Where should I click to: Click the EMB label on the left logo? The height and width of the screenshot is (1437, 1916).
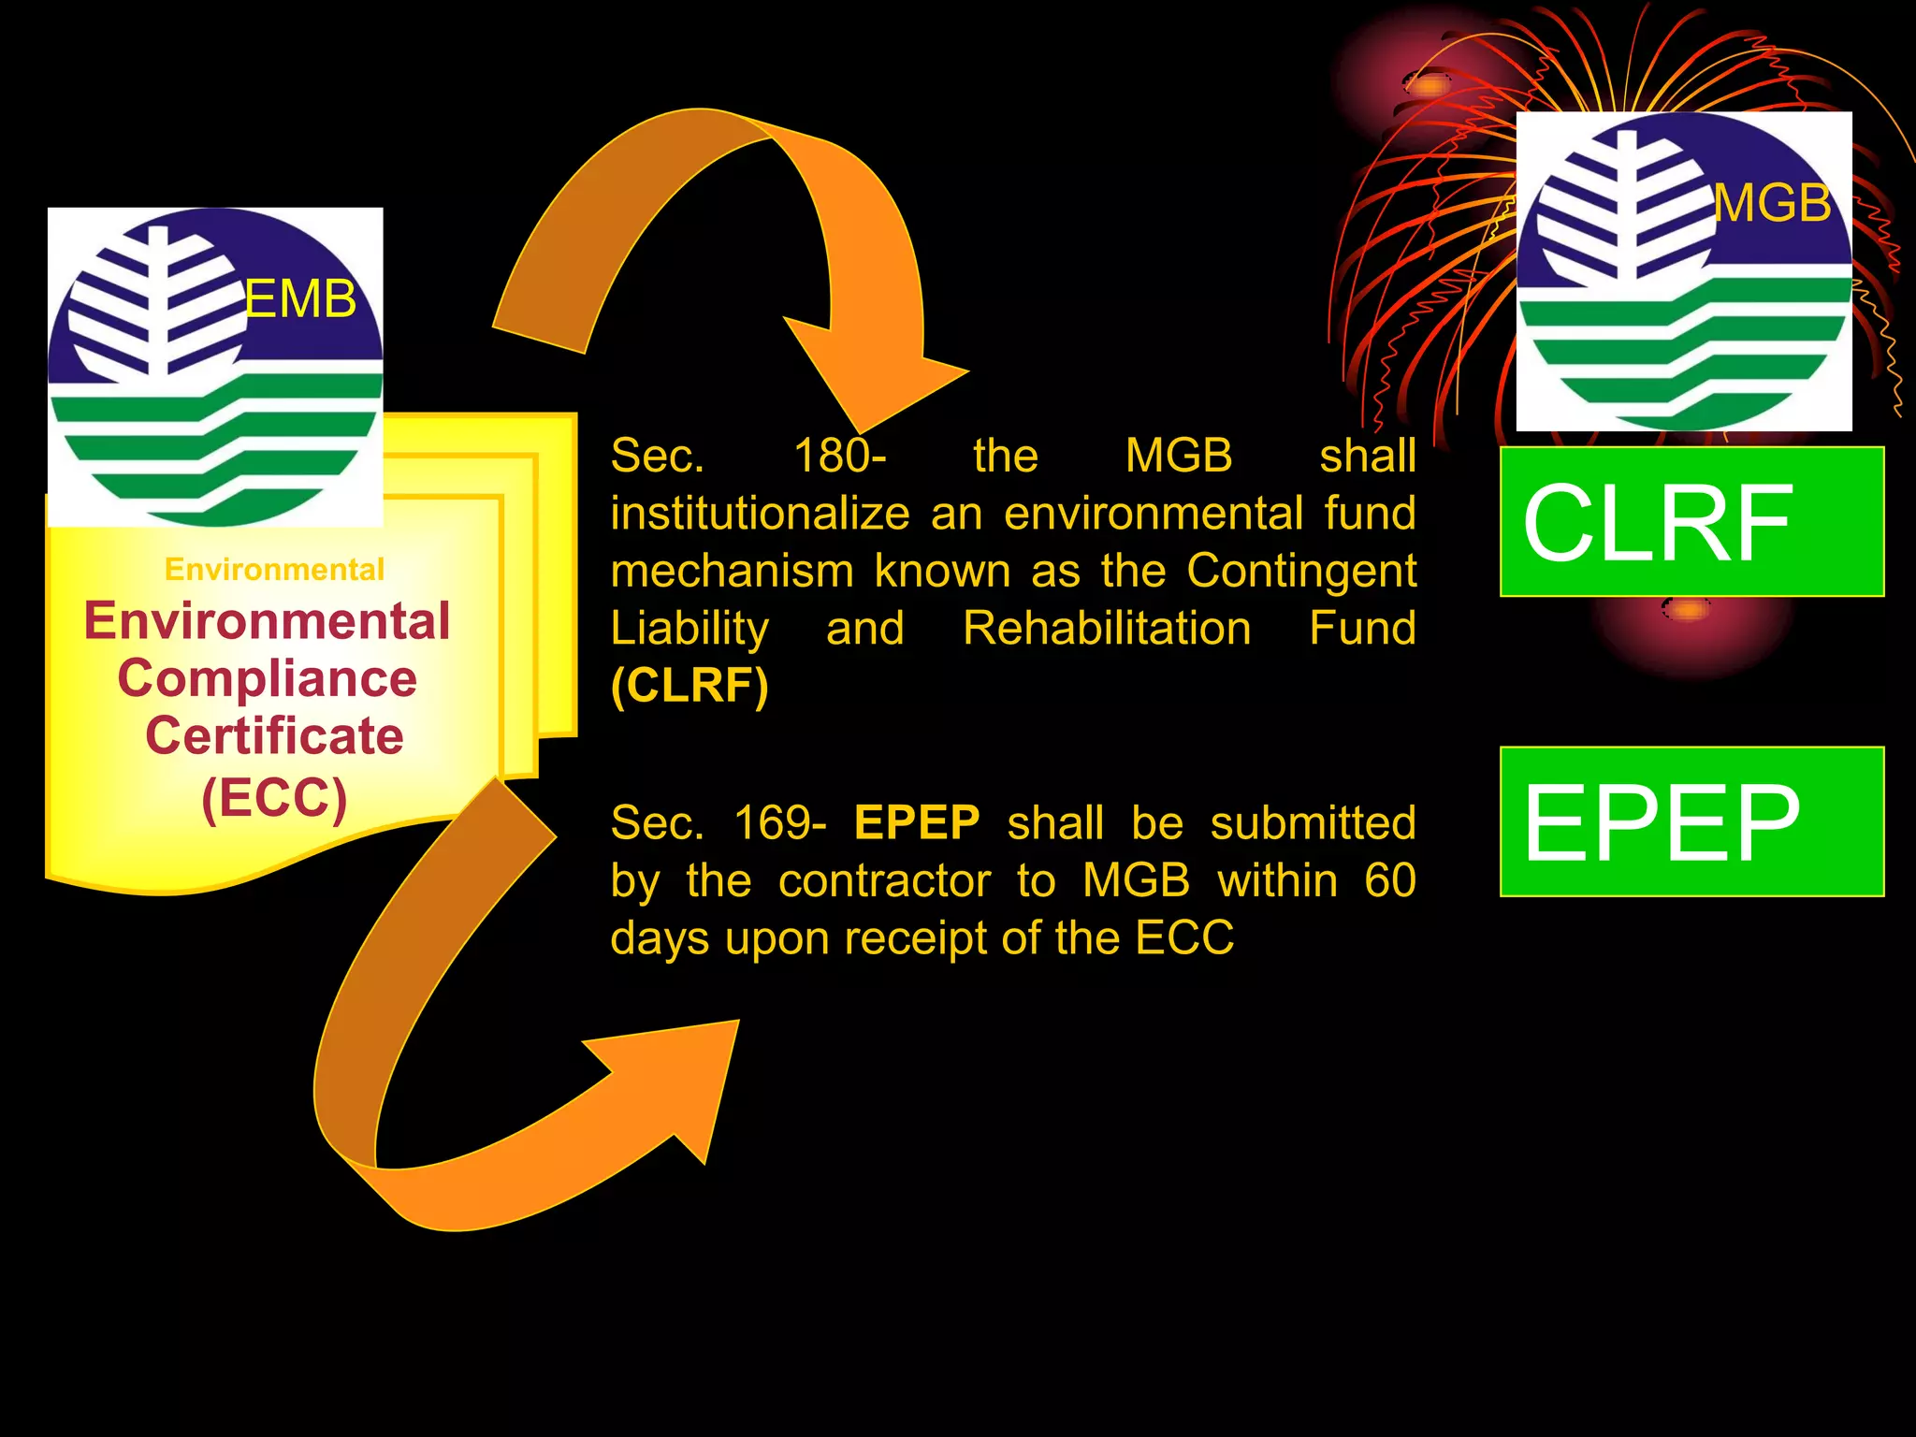coord(300,299)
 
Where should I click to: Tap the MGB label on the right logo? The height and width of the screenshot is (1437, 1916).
coord(1772,203)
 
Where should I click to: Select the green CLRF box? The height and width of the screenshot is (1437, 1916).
coord(1691,522)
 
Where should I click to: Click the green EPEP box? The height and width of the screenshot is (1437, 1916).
coord(1691,821)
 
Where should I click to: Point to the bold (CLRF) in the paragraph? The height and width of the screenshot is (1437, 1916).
coord(689,686)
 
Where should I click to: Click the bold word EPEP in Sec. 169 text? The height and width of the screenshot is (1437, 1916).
coord(917,823)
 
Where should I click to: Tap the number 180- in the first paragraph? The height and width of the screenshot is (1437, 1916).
coord(839,457)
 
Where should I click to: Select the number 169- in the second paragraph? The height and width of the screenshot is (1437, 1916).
coord(779,823)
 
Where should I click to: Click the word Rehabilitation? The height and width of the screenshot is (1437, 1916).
coord(1107,628)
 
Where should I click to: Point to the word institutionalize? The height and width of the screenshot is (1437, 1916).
coord(760,514)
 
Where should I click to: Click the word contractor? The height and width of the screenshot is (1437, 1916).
coord(884,881)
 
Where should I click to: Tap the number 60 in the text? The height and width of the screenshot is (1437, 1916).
coord(1389,880)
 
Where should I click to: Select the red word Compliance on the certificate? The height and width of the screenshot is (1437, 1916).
coord(268,678)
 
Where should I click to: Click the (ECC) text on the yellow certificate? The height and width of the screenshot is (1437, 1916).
coord(274,797)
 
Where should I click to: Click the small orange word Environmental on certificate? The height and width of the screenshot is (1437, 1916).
coord(274,569)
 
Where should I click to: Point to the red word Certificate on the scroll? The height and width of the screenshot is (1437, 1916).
coord(274,736)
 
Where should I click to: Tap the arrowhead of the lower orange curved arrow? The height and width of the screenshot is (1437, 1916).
coord(683,1076)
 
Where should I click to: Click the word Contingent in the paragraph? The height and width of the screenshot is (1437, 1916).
coord(1301,571)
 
